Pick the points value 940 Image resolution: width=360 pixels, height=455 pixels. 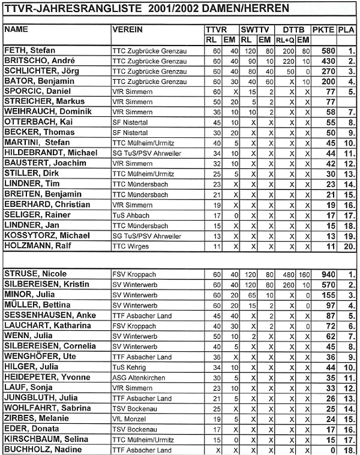tap(328, 274)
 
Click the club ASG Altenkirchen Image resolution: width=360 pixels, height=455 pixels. tap(140, 378)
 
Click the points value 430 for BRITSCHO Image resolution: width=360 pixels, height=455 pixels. tap(328, 61)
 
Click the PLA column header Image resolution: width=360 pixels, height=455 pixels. tap(346, 29)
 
